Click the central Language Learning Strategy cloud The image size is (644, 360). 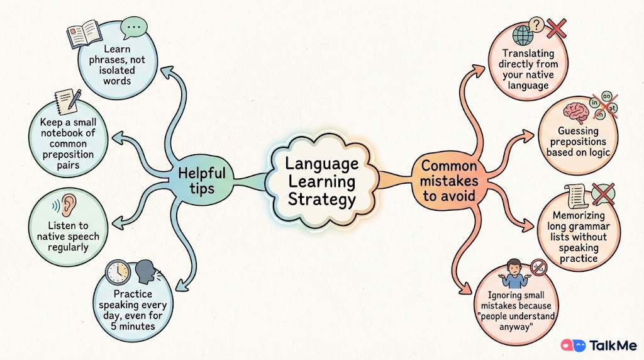[x=322, y=181]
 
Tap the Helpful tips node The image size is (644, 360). [x=202, y=180]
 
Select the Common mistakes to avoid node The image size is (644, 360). [x=449, y=181]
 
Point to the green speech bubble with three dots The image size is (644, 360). [x=133, y=28]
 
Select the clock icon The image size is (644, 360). [x=118, y=272]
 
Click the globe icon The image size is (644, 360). [x=523, y=35]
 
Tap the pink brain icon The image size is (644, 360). [x=576, y=112]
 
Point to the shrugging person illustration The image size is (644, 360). [x=514, y=274]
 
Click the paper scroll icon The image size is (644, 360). [x=575, y=197]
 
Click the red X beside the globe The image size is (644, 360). [x=557, y=29]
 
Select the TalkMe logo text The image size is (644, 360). [x=613, y=346]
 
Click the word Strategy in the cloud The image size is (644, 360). [x=321, y=200]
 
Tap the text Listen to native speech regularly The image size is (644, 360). [x=68, y=236]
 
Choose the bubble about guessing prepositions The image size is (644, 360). [x=578, y=135]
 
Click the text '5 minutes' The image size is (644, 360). [x=133, y=326]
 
